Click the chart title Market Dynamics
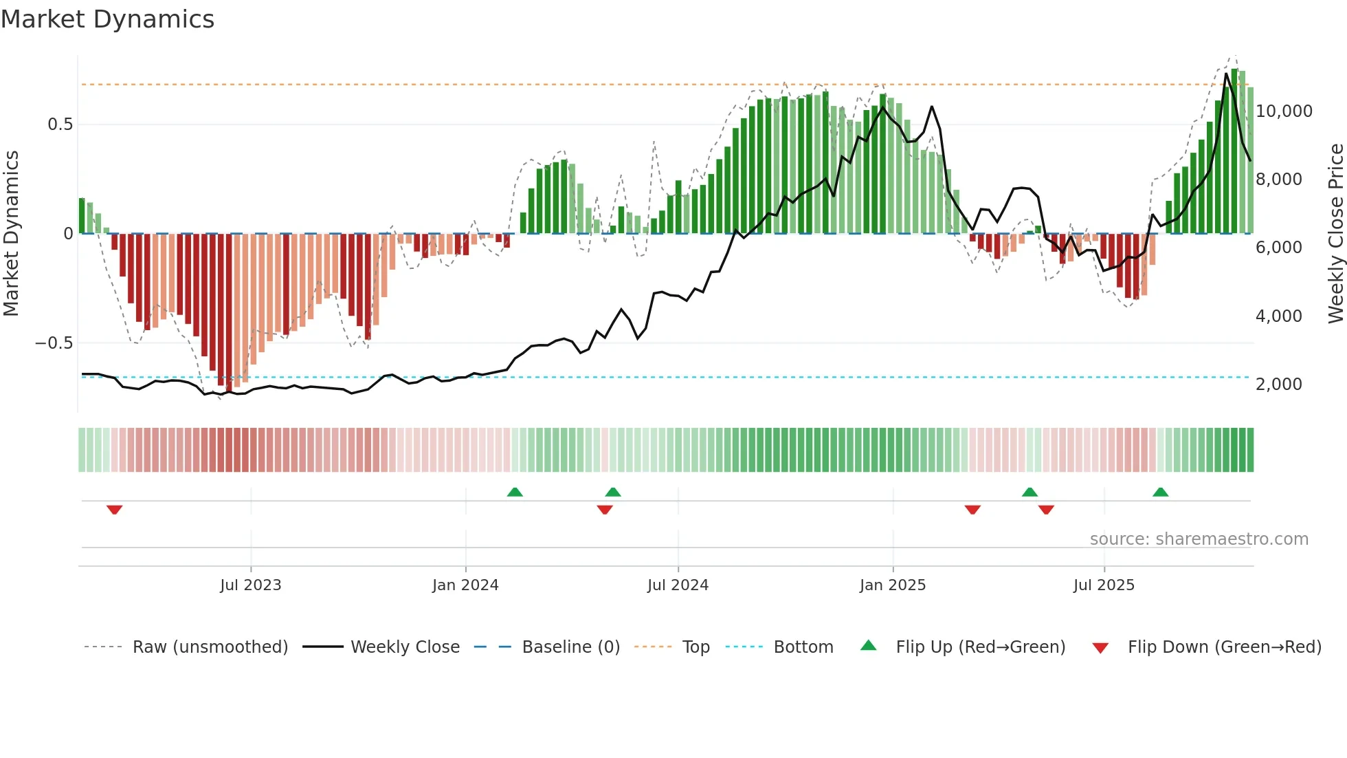[107, 19]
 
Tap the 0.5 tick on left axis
[60, 124]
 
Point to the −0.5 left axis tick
[54, 343]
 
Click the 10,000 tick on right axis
[1283, 111]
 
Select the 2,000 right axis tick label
[1278, 385]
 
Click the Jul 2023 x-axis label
[250, 585]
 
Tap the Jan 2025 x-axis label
[892, 585]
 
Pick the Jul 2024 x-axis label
[677, 585]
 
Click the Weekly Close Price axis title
[1335, 234]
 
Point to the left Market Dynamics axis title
[11, 234]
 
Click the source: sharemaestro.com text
[1199, 539]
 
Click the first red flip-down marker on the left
[115, 509]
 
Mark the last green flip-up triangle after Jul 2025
[1160, 492]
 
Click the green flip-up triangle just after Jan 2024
[515, 492]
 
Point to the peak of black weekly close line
[1226, 74]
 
